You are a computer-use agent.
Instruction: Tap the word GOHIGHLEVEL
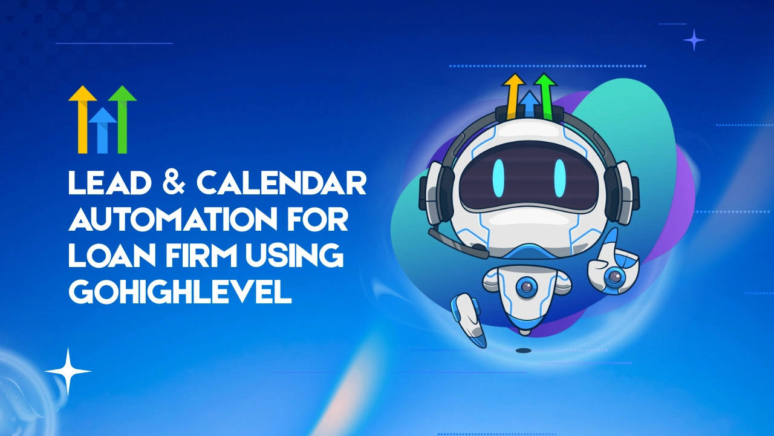click(180, 292)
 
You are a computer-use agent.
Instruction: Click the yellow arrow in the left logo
click(83, 119)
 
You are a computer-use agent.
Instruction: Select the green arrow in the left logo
click(122, 119)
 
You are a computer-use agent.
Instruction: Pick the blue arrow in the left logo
click(103, 130)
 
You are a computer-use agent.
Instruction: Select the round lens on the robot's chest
click(526, 286)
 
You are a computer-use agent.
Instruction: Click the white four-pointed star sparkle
click(68, 371)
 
